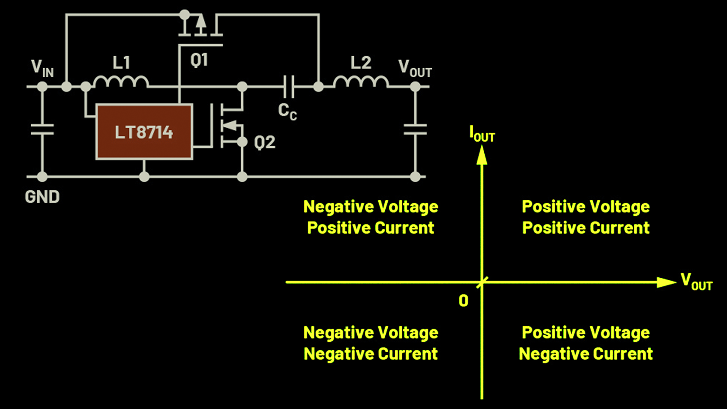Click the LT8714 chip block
[x=144, y=132]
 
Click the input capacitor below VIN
[x=42, y=129]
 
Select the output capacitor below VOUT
[x=415, y=129]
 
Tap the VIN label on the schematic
[x=42, y=68]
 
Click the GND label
[x=42, y=197]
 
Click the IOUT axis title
[x=482, y=134]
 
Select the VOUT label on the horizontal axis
[x=696, y=282]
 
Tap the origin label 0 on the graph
[x=463, y=301]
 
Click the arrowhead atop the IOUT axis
[x=482, y=155]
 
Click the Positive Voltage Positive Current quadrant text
[x=585, y=217]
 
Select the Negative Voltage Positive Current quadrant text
[x=371, y=217]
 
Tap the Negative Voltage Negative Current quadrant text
[x=371, y=343]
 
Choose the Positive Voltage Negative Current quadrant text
[x=585, y=343]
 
